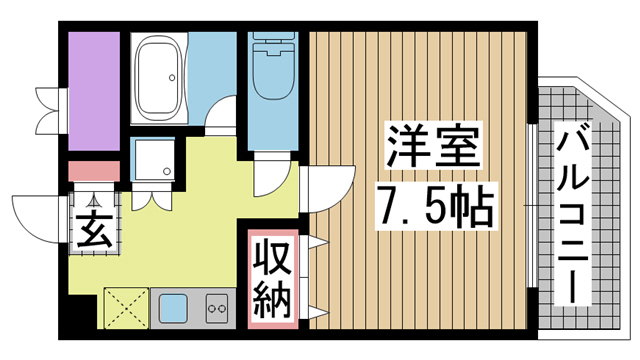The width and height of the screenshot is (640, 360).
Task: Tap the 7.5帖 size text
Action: click(432, 207)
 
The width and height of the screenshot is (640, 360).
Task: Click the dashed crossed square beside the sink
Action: click(125, 306)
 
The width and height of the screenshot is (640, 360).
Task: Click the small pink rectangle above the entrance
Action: click(93, 171)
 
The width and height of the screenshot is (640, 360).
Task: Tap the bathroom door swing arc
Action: click(219, 119)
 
